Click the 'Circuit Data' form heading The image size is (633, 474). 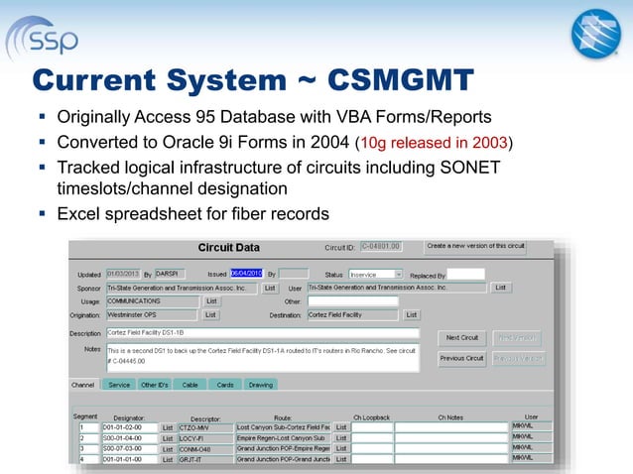point(229,247)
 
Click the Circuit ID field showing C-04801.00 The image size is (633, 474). point(380,247)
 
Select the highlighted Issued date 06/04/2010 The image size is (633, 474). point(244,273)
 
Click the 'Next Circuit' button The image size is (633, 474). point(462,337)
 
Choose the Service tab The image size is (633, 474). point(119,384)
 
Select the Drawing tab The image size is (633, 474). point(260,384)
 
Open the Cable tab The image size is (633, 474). point(190,384)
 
